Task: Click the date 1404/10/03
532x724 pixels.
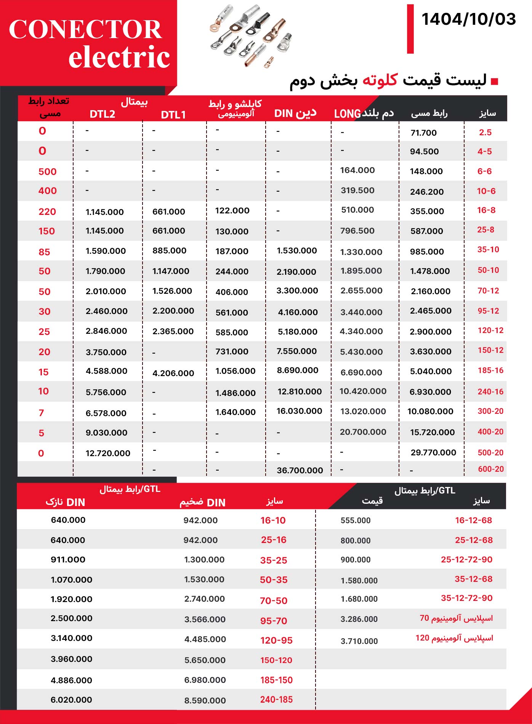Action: (x=468, y=19)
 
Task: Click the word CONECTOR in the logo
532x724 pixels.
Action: (x=85, y=29)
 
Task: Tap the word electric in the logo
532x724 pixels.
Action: (x=119, y=57)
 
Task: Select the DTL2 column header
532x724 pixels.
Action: (x=102, y=114)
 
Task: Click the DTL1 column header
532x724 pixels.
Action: (x=173, y=115)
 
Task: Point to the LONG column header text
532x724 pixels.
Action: (x=347, y=114)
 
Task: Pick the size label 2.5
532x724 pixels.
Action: (x=485, y=133)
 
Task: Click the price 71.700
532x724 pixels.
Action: (x=423, y=133)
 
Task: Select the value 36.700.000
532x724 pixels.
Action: (x=300, y=470)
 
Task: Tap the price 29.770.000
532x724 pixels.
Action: (x=433, y=453)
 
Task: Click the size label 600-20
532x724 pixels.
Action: (x=491, y=469)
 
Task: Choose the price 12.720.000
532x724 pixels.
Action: (x=108, y=453)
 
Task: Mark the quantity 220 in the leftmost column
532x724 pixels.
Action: (x=47, y=212)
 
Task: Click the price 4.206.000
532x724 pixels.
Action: (x=173, y=373)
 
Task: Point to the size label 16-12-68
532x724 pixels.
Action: (x=473, y=521)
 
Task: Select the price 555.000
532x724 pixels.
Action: (x=355, y=521)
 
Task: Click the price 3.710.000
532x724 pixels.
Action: (x=359, y=641)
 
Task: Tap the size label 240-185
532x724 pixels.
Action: (x=276, y=700)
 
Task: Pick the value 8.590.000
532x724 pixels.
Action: (x=205, y=700)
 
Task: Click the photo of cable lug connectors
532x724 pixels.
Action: (x=252, y=36)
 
